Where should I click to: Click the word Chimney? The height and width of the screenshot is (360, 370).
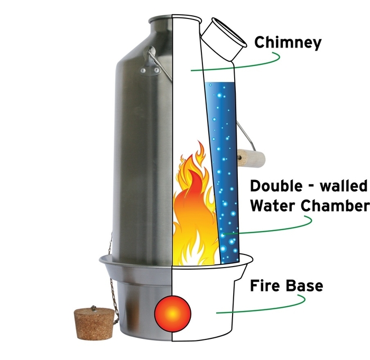click(x=288, y=42)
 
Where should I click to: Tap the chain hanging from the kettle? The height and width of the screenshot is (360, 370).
click(x=111, y=274)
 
